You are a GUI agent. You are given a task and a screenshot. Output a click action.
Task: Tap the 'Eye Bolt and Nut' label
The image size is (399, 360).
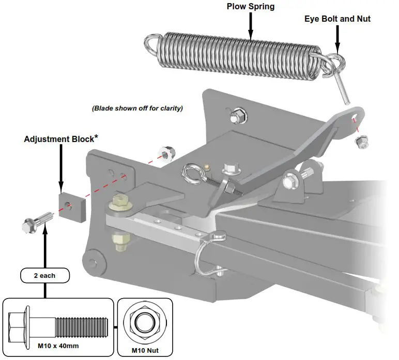(x=336, y=19)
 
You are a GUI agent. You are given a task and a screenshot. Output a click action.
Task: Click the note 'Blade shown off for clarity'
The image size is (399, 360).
(x=137, y=109)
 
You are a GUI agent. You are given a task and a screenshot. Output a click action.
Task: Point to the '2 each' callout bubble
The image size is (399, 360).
(x=44, y=275)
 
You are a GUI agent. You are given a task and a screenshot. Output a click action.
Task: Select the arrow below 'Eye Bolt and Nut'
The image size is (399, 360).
(x=337, y=39)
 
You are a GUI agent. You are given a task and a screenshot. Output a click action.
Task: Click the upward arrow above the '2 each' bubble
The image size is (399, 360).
(x=45, y=248)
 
